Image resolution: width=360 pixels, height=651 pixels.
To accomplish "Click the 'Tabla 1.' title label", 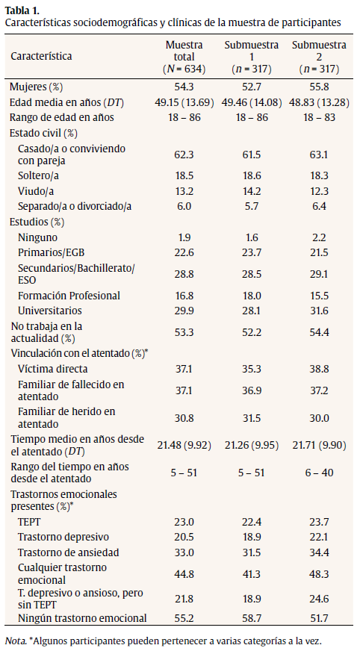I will (x=22, y=10).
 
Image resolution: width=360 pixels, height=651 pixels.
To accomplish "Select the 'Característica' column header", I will (x=41, y=56).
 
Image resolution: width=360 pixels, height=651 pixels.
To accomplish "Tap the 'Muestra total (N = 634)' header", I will (x=184, y=56).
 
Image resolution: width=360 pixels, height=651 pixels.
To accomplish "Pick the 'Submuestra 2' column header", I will (x=319, y=56).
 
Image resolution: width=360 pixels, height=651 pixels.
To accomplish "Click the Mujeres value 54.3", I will (x=184, y=87).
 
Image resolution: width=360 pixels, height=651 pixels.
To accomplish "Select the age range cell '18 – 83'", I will (x=319, y=117).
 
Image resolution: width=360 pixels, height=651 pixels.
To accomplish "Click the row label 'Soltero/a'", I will (x=38, y=174).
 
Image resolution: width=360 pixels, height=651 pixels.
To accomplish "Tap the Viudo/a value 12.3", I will (x=319, y=190).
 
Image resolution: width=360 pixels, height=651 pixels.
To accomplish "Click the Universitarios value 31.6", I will (x=319, y=311).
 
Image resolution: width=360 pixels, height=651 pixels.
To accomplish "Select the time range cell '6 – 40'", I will (x=319, y=472).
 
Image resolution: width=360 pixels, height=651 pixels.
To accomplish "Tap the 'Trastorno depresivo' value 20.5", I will (x=184, y=538).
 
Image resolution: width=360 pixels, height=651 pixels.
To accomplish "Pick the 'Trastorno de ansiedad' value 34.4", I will (x=319, y=552).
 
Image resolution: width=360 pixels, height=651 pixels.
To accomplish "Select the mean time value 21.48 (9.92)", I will (x=184, y=446).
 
